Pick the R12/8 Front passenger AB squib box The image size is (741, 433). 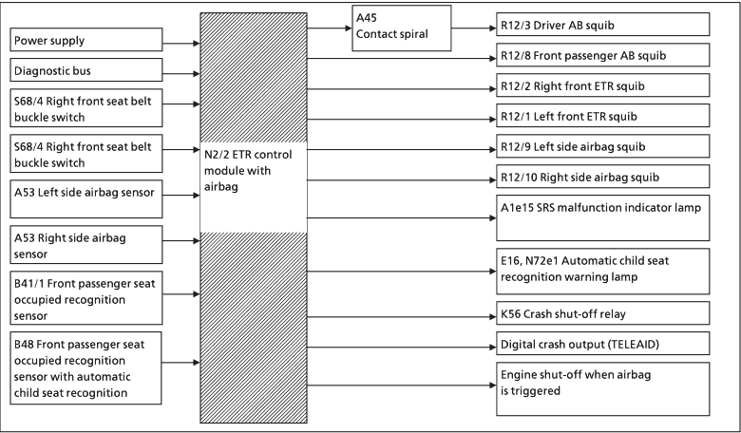(602, 56)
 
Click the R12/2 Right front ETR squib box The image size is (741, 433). (602, 86)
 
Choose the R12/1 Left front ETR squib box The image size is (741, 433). (602, 116)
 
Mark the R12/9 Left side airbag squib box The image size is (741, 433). (602, 147)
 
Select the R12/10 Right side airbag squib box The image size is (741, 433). (602, 178)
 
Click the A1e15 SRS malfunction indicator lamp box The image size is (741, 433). (602, 216)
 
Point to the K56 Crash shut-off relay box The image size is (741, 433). (602, 313)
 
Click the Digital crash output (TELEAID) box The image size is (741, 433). (602, 343)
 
